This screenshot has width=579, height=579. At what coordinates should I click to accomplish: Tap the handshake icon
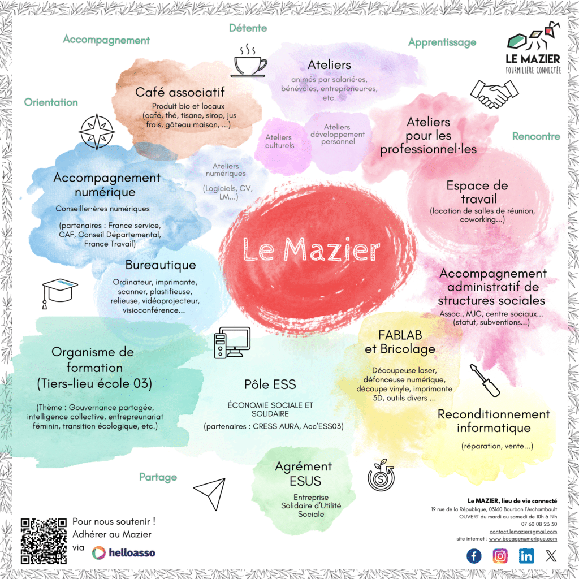point(494,93)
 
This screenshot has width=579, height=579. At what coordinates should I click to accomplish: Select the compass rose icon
point(97,132)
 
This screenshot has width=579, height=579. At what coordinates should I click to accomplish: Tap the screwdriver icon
point(485,380)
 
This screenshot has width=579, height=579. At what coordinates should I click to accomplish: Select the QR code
point(44,541)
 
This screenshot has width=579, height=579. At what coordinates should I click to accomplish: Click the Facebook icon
point(474,556)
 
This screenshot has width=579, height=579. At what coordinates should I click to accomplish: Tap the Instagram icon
point(500,556)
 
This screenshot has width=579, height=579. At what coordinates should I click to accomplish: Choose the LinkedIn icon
point(526,556)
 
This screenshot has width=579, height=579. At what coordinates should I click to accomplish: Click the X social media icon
point(551,556)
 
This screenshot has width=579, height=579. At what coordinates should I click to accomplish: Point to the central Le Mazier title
point(311,249)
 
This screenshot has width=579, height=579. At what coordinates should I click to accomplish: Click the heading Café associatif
point(180,92)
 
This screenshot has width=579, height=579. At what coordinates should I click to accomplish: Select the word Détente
point(248,28)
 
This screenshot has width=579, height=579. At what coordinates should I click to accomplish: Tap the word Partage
point(158,477)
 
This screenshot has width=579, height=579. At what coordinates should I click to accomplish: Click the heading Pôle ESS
point(270,384)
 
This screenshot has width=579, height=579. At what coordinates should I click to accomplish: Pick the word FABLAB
point(400,335)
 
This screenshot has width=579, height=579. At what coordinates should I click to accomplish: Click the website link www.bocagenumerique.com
point(523,539)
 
